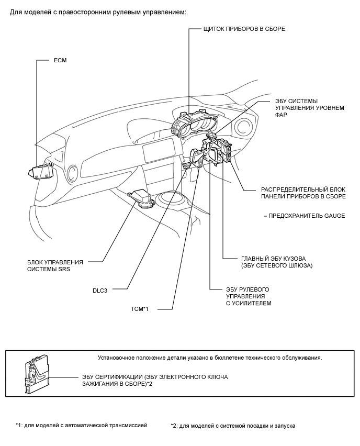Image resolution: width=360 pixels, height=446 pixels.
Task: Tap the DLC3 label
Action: (x=99, y=289)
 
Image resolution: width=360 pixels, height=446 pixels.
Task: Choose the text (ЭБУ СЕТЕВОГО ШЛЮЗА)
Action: (x=277, y=266)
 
